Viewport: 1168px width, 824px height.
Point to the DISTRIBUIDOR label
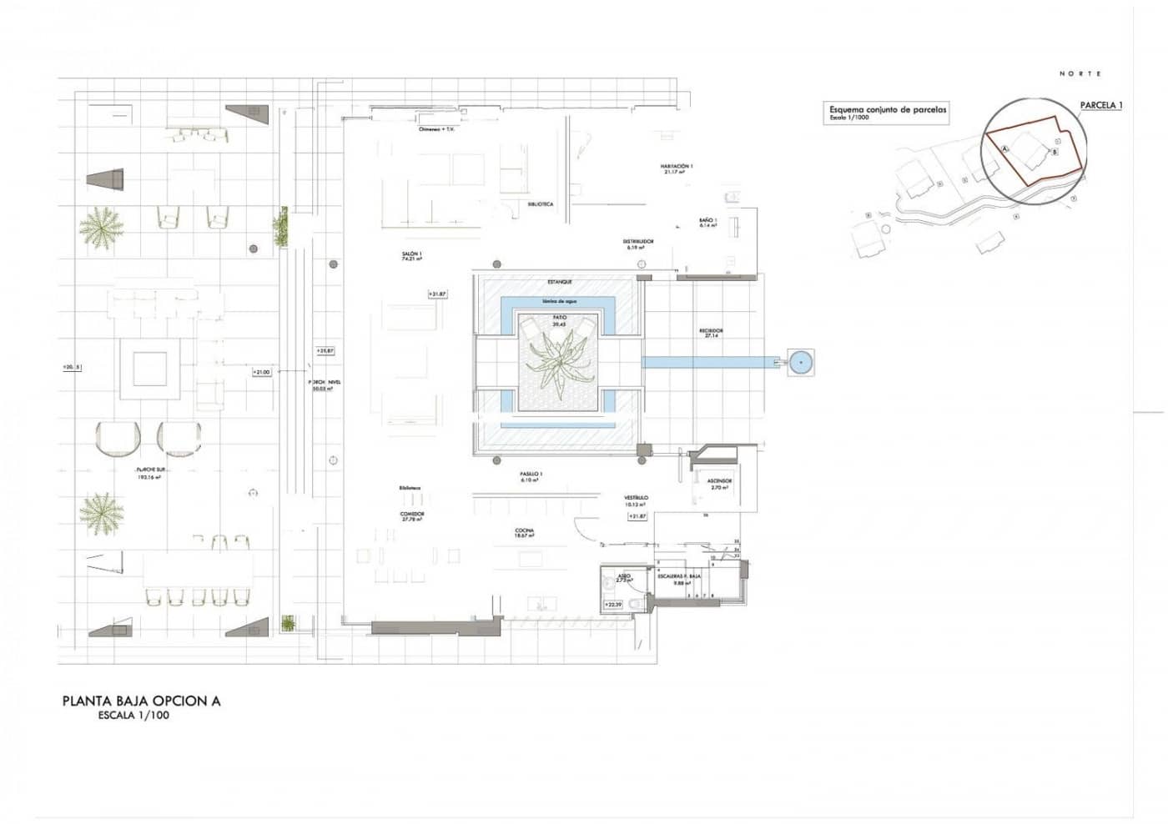click(640, 243)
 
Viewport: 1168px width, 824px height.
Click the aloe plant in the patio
click(558, 363)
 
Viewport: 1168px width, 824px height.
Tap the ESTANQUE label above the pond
click(559, 282)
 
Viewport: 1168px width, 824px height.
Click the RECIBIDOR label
click(711, 332)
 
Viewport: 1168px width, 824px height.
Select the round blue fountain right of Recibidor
click(801, 362)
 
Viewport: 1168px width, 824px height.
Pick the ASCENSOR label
click(719, 482)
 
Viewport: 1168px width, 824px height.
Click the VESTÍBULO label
click(636, 499)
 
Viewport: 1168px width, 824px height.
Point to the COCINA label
click(524, 532)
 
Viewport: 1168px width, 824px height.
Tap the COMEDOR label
click(411, 515)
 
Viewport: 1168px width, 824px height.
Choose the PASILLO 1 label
click(531, 475)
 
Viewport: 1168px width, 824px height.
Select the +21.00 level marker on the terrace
click(262, 372)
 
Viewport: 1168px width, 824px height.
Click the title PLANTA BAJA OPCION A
click(141, 701)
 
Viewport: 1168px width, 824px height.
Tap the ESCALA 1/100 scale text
click(133, 716)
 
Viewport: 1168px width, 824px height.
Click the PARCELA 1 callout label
click(1101, 105)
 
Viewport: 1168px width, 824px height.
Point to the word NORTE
click(1080, 73)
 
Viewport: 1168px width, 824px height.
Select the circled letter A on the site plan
click(1004, 148)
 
